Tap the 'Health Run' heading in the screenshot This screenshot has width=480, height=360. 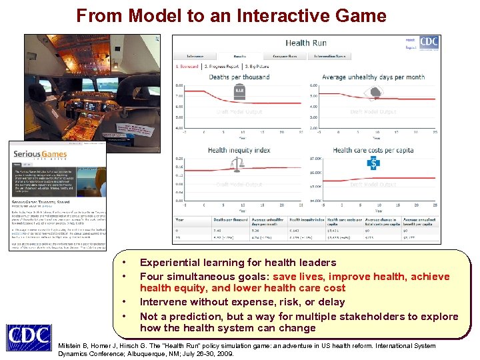click(306, 43)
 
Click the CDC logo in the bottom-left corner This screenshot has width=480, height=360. click(28, 337)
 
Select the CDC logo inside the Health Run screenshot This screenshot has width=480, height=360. click(429, 42)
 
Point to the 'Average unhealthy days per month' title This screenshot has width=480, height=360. click(373, 77)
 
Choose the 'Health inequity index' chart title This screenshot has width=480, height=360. click(239, 150)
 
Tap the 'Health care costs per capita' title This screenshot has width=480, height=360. click(373, 150)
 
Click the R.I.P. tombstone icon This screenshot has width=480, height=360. click(239, 91)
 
